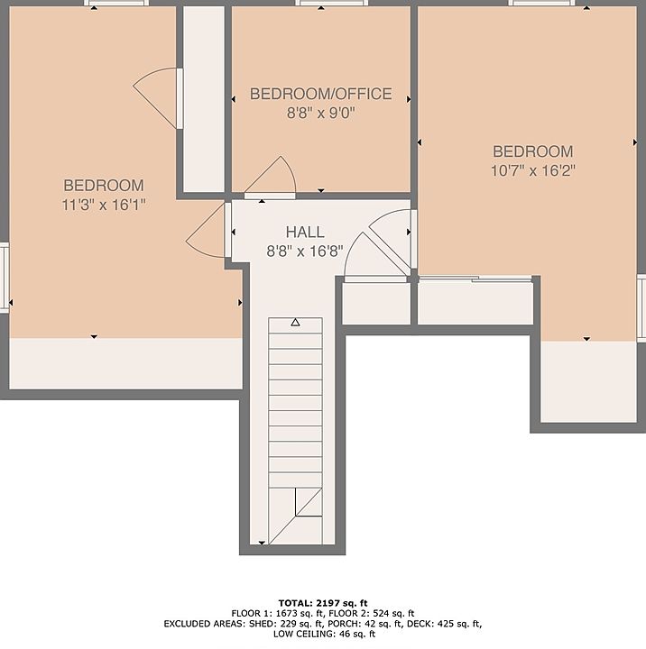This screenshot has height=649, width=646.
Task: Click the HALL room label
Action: (x=305, y=233)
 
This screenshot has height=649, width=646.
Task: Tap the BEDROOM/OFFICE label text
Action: (x=320, y=94)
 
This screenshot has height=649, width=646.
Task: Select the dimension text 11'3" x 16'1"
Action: (x=104, y=205)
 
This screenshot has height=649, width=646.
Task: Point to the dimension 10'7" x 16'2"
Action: (x=533, y=170)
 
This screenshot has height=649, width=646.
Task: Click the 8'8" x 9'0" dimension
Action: (x=321, y=113)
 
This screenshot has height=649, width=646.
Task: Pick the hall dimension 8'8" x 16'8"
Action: (x=305, y=251)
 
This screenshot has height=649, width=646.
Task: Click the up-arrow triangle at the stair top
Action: (x=295, y=322)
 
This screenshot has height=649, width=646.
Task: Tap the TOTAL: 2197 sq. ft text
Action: (x=323, y=603)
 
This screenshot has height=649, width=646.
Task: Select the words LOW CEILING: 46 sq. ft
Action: (x=324, y=634)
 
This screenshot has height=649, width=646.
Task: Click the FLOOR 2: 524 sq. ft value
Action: (x=373, y=614)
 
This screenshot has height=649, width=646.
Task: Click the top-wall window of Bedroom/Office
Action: (x=332, y=4)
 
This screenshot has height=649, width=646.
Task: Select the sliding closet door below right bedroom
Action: (x=475, y=279)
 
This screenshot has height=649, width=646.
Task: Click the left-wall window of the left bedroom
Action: (x=5, y=278)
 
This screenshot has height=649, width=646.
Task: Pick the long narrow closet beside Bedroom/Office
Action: (x=204, y=99)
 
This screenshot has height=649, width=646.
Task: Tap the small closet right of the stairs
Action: (x=376, y=303)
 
